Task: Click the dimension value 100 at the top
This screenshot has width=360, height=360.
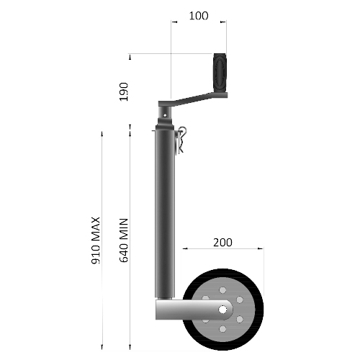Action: tap(198, 15)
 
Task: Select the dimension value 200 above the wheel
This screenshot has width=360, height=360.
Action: tap(223, 242)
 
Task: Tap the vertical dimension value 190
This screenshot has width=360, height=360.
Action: tap(123, 91)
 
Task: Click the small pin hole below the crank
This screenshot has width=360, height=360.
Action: tap(166, 113)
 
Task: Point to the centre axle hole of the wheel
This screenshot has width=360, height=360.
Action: tap(224, 312)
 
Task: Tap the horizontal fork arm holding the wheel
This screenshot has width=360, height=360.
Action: tap(184, 311)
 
